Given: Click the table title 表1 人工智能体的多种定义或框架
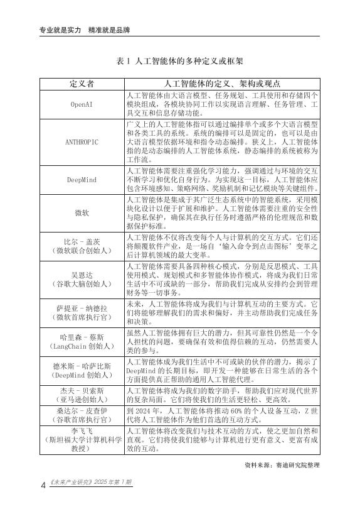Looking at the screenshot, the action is click(180, 62).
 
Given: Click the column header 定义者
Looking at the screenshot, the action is click(82, 84).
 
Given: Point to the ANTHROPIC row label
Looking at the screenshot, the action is click(82, 142).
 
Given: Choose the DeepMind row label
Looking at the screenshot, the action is click(82, 180).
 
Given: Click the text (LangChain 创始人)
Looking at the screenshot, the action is click(82, 346).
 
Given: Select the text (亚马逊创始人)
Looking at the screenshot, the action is click(82, 400).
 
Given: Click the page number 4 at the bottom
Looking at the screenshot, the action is click(42, 485).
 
